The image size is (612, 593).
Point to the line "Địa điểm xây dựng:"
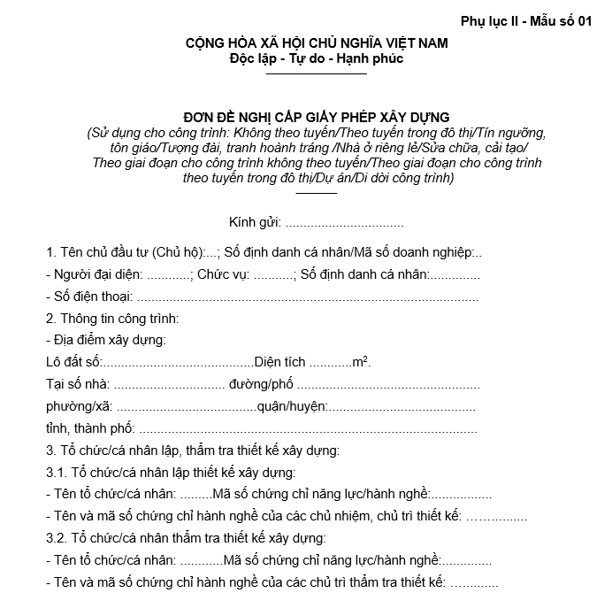pos(105,340)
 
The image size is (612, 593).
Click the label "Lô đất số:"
pos(73,362)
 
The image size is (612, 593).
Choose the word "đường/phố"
pos(260,384)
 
